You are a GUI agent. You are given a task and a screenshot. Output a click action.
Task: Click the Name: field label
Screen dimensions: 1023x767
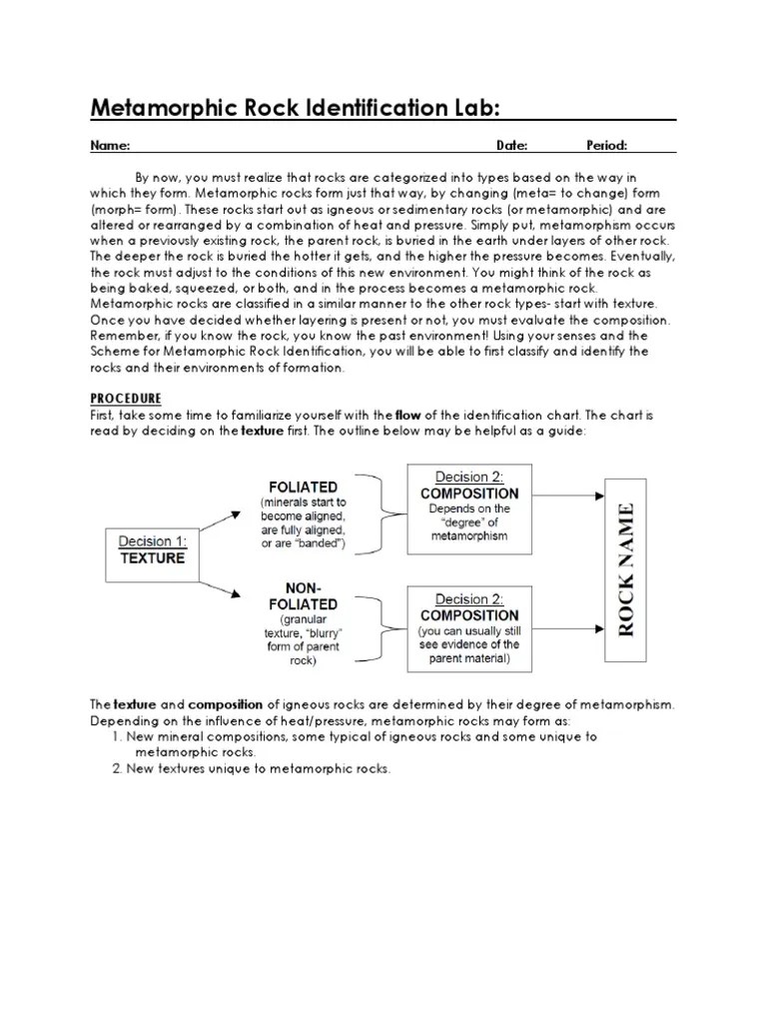click(x=110, y=146)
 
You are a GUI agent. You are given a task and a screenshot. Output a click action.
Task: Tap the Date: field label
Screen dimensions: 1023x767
click(x=512, y=146)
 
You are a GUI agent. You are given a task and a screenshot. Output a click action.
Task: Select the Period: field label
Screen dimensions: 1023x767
click(x=606, y=146)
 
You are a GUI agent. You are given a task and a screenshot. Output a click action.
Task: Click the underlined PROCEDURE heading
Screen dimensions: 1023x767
click(x=127, y=398)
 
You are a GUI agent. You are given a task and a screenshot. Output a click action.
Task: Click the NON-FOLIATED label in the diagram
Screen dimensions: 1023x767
click(x=302, y=595)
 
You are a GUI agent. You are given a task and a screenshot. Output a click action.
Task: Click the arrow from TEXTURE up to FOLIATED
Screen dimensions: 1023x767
click(x=220, y=520)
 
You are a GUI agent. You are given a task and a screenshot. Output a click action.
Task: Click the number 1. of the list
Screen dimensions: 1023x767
click(x=116, y=737)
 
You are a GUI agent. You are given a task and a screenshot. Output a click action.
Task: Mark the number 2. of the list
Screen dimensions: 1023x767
click(x=116, y=768)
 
